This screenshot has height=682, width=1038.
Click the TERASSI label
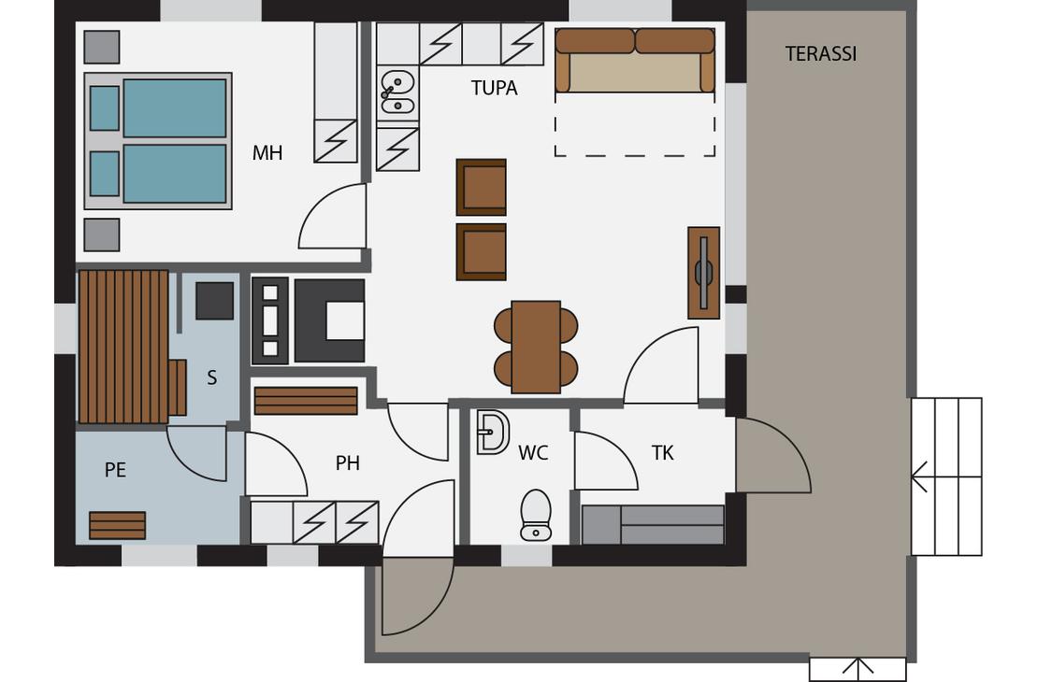tap(821, 53)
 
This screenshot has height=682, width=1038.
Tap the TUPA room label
tap(494, 88)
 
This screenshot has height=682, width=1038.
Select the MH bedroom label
tap(267, 153)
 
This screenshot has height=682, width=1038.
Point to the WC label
tap(533, 453)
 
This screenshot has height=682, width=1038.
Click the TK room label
tap(662, 453)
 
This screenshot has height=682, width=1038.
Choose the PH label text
tap(348, 463)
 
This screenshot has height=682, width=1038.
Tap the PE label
tap(115, 470)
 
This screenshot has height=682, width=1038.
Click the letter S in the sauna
tap(212, 377)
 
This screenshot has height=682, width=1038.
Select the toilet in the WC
tap(536, 515)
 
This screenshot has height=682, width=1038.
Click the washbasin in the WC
tap(493, 433)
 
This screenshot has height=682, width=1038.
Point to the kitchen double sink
tap(397, 92)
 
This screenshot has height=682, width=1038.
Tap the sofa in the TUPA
tap(635, 60)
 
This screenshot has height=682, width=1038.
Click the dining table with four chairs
tap(536, 348)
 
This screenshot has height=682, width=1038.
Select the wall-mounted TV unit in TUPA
tap(704, 273)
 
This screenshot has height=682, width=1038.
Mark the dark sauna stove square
tap(214, 301)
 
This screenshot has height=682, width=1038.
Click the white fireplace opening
tap(345, 320)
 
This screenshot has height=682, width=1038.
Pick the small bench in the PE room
tap(117, 525)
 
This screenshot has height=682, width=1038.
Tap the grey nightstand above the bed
tap(102, 47)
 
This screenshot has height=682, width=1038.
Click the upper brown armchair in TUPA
tap(482, 187)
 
